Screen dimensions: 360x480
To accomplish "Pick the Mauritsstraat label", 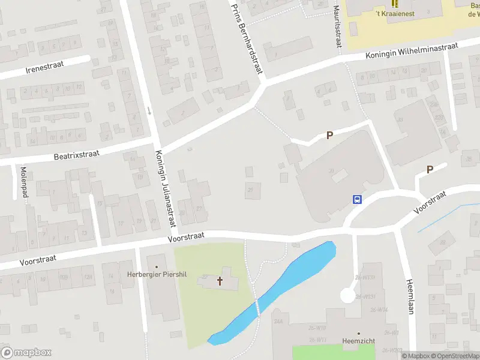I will (x=338, y=27).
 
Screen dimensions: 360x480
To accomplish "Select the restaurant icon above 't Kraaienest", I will (x=394, y=3).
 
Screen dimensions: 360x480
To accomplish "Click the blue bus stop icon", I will (x=357, y=200).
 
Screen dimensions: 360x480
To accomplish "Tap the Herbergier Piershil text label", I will (x=157, y=275).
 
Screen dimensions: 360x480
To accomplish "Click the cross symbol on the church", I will (x=220, y=280).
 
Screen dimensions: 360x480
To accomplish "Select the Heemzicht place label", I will (x=359, y=341).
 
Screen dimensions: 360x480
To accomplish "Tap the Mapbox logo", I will (x=26, y=353).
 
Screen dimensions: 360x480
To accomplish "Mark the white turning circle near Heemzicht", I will (x=347, y=295).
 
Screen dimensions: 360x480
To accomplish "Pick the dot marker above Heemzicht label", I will (x=359, y=333).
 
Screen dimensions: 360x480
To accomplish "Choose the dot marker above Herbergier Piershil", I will (x=157, y=266).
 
